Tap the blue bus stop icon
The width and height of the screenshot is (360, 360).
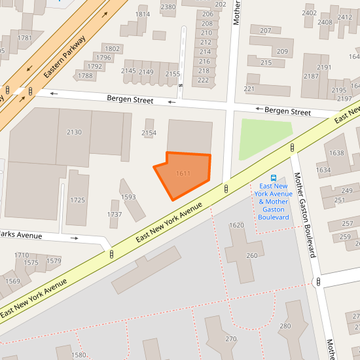click(x=274, y=177)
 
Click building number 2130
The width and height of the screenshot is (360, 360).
click(x=74, y=132)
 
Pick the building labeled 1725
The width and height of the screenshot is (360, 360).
click(x=77, y=200)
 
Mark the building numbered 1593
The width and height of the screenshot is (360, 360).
click(x=128, y=197)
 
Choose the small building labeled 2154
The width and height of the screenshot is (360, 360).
click(x=149, y=133)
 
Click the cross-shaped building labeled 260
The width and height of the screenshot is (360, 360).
click(x=251, y=255)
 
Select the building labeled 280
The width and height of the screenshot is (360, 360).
click(x=285, y=326)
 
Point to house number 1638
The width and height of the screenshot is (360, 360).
click(x=336, y=153)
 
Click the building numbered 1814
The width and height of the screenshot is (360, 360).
click(x=142, y=14)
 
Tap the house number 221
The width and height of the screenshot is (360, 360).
click(x=249, y=88)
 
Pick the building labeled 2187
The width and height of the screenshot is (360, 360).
click(x=311, y=76)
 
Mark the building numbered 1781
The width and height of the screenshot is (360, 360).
click(x=25, y=38)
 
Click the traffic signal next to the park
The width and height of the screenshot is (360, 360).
click(x=292, y=148)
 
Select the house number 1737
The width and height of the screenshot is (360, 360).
click(x=115, y=214)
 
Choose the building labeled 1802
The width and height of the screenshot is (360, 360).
click(x=113, y=48)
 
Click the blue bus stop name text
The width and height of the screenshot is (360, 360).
click(x=274, y=201)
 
